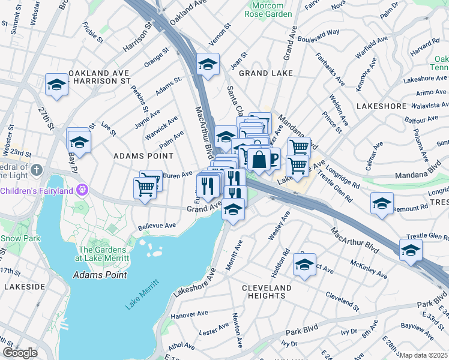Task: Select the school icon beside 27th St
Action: (x=57, y=84)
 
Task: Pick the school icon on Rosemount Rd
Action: (x=382, y=203)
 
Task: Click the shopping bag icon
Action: (x=259, y=160)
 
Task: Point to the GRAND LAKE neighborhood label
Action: (x=266, y=73)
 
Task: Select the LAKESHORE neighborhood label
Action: (x=381, y=106)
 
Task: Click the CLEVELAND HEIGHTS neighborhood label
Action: (x=267, y=292)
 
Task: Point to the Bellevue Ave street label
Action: (x=157, y=226)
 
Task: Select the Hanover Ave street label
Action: (x=188, y=314)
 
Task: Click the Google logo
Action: (x=20, y=353)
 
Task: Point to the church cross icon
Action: (x=36, y=170)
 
